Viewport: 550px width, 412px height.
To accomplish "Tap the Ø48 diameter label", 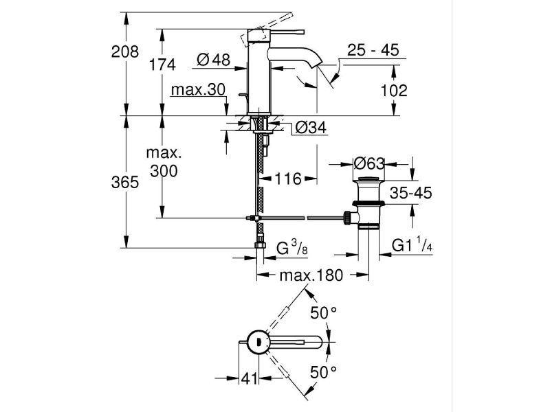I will (213, 61).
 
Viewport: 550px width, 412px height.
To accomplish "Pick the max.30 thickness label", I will (198, 91).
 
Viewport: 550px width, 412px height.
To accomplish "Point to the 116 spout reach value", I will (288, 179).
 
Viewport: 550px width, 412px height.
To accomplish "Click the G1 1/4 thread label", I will (412, 246).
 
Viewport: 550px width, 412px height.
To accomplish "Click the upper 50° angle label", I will (323, 313).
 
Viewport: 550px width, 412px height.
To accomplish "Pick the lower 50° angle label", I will (323, 373).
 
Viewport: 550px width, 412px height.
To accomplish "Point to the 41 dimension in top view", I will (248, 377).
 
